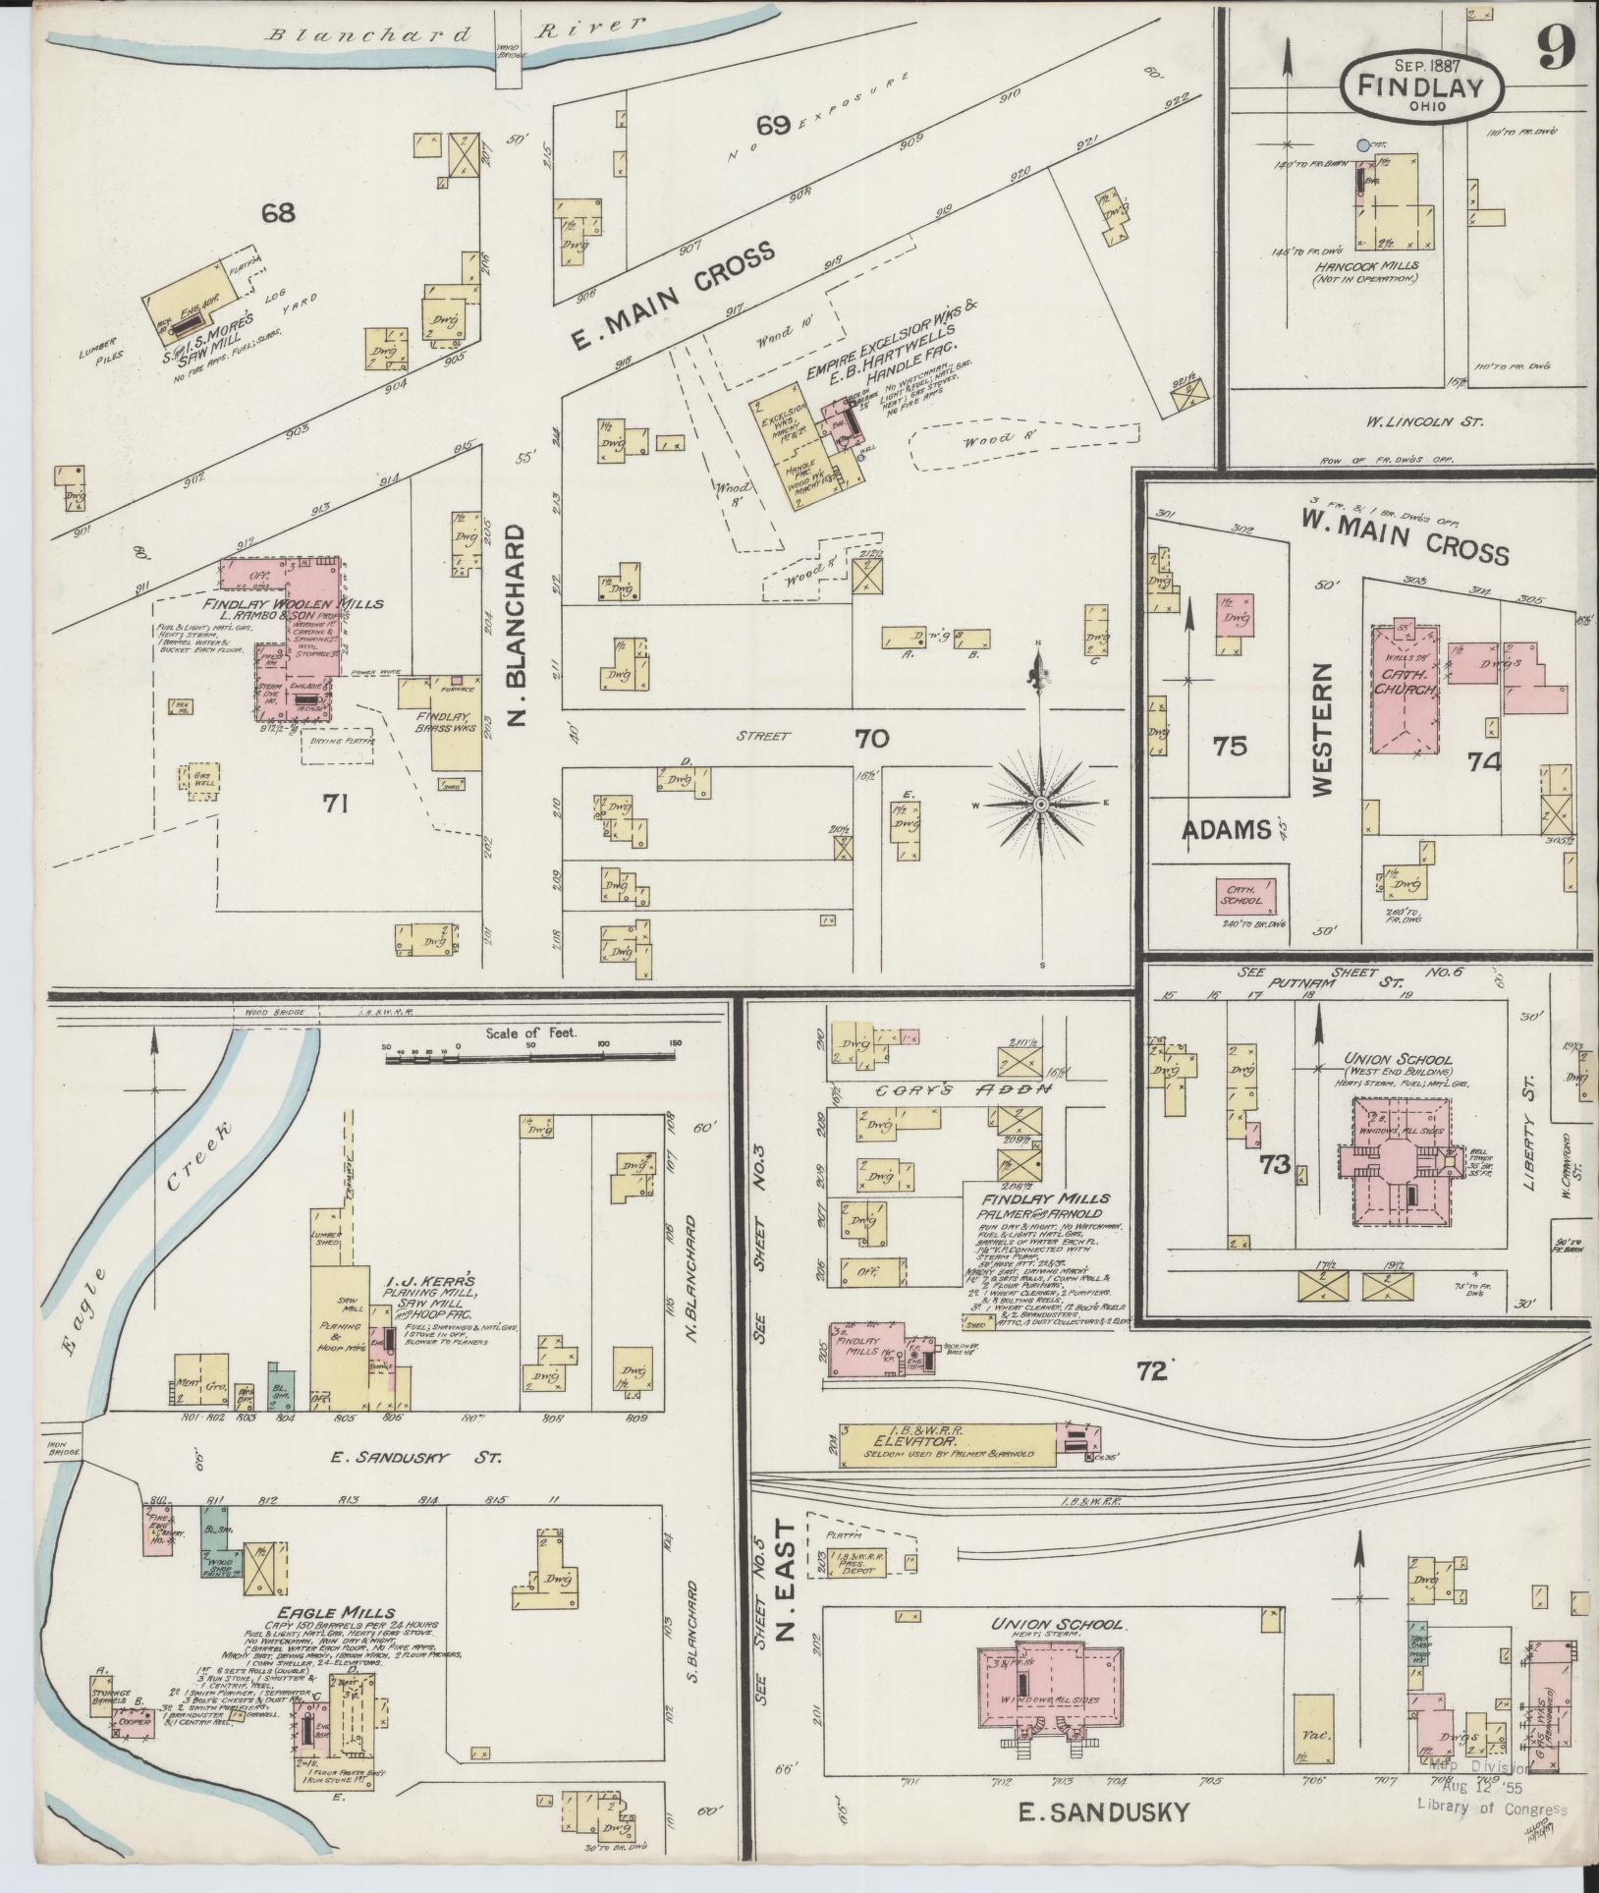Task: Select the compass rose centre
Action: (1040, 804)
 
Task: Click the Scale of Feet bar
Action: (530, 1056)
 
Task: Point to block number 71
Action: (337, 804)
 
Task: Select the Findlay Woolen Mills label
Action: (293, 603)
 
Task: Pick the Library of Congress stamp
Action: (1492, 1810)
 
